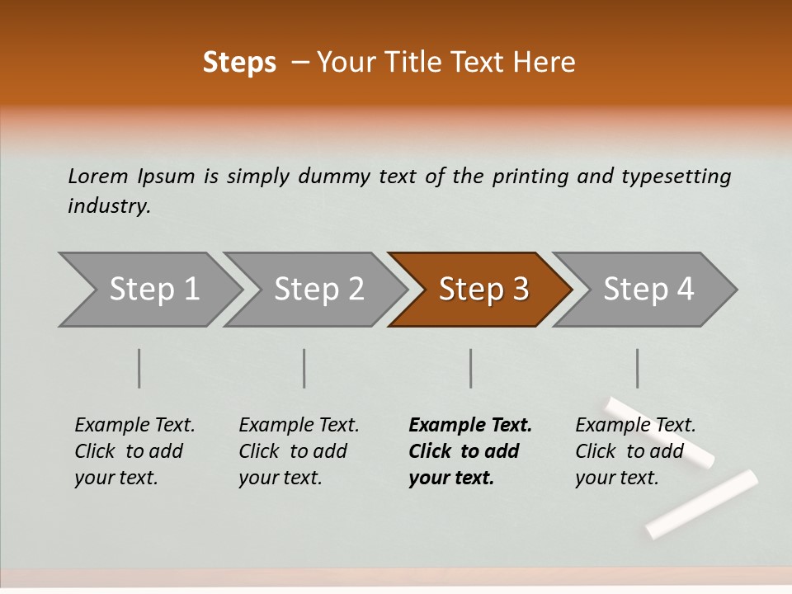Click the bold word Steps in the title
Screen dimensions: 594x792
(239, 63)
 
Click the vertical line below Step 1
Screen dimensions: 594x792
(139, 368)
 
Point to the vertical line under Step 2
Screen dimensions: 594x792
(304, 368)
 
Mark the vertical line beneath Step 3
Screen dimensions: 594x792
(471, 368)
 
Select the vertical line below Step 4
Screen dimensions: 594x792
(638, 368)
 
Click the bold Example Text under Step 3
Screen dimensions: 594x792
(470, 426)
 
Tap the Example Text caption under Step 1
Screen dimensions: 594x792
(134, 426)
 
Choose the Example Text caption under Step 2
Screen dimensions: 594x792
(299, 426)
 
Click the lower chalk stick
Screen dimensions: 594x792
(701, 503)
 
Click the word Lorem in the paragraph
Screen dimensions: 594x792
(97, 177)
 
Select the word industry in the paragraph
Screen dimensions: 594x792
(109, 206)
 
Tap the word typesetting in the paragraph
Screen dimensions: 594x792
(676, 177)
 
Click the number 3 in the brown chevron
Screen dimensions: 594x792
(520, 290)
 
